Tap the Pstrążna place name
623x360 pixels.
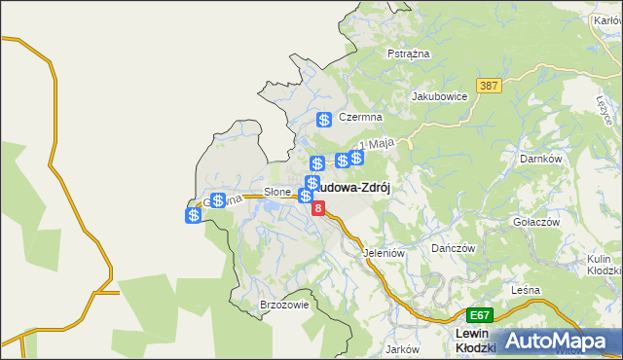[x=409, y=54]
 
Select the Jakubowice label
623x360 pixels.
[x=440, y=96]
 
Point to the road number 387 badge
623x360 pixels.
[x=489, y=87]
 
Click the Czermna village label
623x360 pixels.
[x=360, y=117]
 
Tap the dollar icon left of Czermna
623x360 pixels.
[x=324, y=120]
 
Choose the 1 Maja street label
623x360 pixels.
[x=382, y=144]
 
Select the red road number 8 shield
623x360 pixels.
[x=318, y=208]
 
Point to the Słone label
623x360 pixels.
[x=277, y=193]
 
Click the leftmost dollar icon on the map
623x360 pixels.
[x=194, y=215]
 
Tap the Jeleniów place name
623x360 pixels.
[x=383, y=253]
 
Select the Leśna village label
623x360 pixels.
[x=525, y=291]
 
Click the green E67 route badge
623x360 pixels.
[x=479, y=315]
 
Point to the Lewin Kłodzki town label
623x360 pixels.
[x=476, y=341]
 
